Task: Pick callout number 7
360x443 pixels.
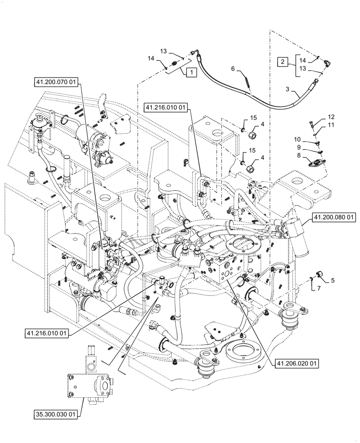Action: pyautogui.click(x=318, y=289)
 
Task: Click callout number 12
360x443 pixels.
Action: pyautogui.click(x=332, y=117)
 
